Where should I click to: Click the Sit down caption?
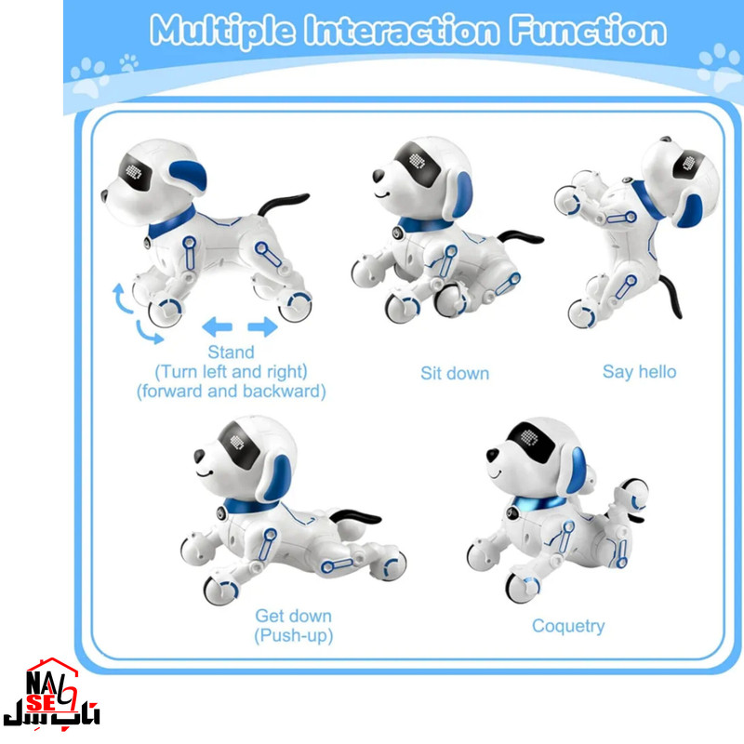[x=455, y=373]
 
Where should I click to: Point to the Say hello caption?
[x=639, y=372]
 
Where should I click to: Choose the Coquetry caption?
[x=567, y=626]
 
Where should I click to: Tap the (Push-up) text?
[x=293, y=636]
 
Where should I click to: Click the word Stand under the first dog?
[x=231, y=352]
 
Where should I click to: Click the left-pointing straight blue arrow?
[x=217, y=325]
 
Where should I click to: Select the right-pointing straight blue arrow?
[x=263, y=325]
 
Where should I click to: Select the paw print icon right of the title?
[x=720, y=68]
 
